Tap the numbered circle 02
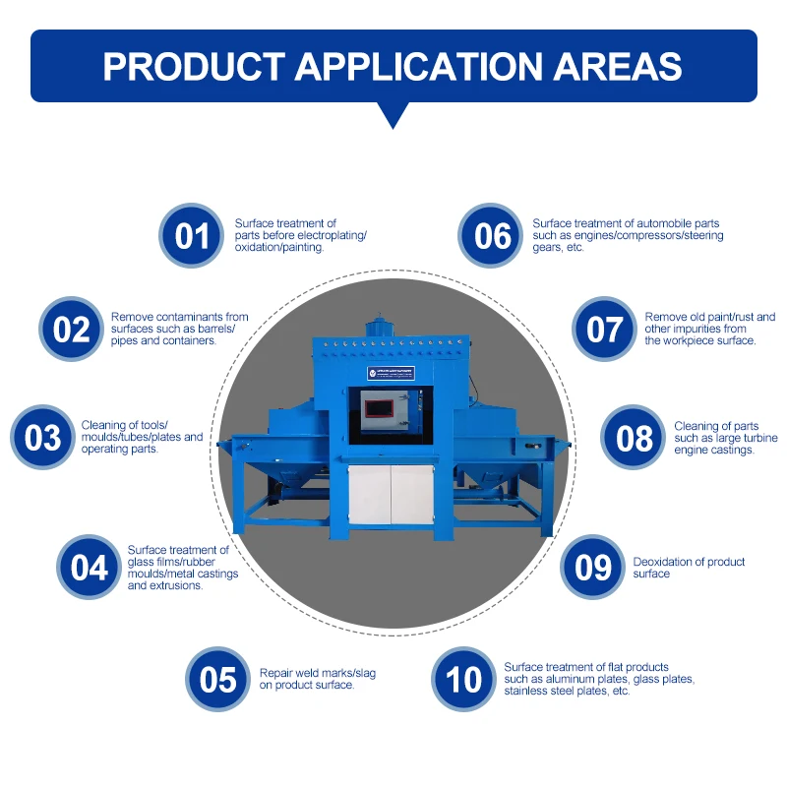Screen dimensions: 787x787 pos(71,329)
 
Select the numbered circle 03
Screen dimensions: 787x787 pos(42,437)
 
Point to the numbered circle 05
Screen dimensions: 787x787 pos(218,679)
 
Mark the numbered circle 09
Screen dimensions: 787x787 pos(593,568)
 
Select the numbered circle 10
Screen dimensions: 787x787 pos(463,679)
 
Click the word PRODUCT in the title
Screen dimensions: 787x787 pos(194,66)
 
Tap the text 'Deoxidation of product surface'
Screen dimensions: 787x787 pos(689,568)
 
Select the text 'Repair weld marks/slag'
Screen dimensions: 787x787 pos(318,673)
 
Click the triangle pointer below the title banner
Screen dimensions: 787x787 pos(393,115)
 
